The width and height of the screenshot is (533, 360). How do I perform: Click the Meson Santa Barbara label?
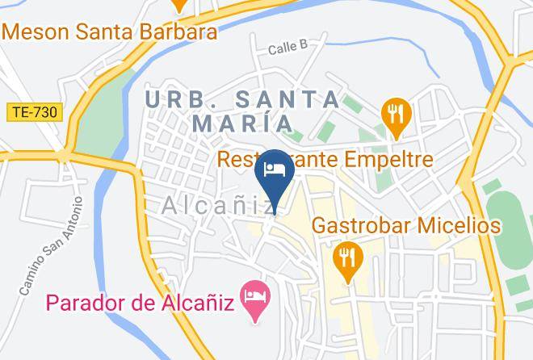click(111, 32)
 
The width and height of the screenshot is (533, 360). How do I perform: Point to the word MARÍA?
click(242, 123)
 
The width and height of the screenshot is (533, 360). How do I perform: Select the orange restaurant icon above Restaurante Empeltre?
click(395, 116)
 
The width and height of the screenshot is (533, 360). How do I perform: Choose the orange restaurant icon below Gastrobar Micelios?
click(348, 258)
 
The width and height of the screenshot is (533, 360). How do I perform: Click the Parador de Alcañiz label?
click(139, 303)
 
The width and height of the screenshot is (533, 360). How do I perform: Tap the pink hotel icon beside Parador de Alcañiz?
click(257, 295)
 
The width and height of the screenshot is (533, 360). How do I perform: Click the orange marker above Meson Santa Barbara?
click(179, 4)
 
